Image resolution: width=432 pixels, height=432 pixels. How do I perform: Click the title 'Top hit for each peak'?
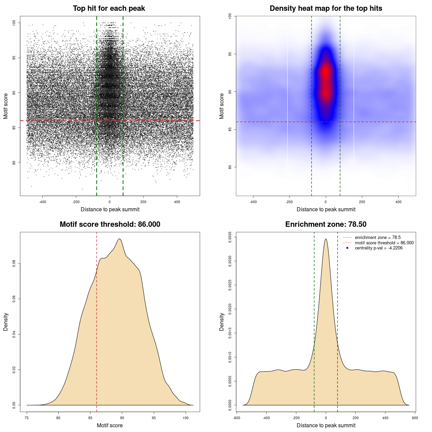tap(109, 8)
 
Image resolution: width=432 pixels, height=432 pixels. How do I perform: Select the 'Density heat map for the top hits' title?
tap(326, 8)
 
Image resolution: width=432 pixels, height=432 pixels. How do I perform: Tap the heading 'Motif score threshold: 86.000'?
tap(110, 224)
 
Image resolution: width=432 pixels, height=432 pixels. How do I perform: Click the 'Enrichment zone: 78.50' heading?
tap(326, 224)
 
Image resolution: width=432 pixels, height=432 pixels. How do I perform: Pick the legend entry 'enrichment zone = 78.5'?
tap(378, 238)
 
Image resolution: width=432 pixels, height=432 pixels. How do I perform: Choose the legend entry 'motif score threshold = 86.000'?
tap(384, 243)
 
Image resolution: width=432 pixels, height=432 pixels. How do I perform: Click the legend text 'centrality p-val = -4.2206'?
tap(379, 248)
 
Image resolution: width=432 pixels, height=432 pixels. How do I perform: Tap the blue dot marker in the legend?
tap(347, 248)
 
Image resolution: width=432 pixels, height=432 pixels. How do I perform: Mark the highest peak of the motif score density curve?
tap(119, 239)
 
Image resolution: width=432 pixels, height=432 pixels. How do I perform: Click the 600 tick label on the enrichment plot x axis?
tap(415, 418)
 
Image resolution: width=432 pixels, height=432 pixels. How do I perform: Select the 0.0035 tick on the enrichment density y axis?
tap(230, 237)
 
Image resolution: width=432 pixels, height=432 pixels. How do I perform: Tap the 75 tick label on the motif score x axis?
tap(27, 418)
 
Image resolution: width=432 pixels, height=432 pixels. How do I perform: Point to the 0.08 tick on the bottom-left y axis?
tap(14, 264)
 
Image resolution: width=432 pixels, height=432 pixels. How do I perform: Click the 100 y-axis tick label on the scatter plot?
tap(14, 23)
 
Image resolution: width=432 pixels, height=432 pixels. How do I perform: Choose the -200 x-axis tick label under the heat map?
tap(289, 202)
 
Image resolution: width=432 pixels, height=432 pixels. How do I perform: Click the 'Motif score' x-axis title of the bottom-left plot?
tap(110, 425)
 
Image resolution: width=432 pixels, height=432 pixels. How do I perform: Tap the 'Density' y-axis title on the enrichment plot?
tap(222, 322)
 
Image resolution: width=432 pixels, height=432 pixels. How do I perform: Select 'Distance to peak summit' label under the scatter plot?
tap(110, 209)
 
